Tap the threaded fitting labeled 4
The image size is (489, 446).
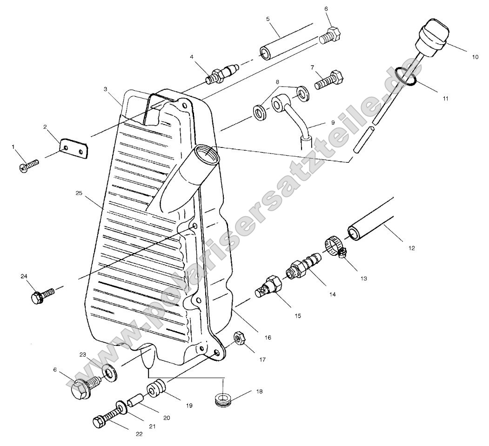[x=221, y=74]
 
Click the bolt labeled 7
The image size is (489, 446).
[x=330, y=80]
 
